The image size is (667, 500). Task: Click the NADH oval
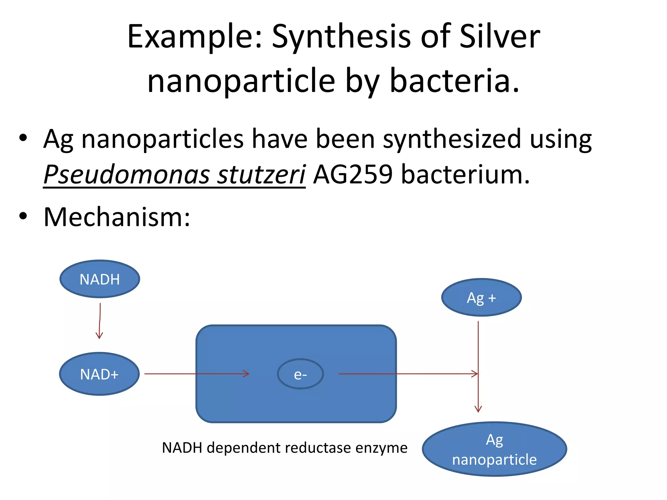[x=100, y=279]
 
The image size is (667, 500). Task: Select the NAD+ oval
[x=99, y=374]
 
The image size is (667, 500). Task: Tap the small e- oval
[x=300, y=374]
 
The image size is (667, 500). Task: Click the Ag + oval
[x=481, y=298]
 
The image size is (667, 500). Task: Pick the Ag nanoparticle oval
[x=494, y=449]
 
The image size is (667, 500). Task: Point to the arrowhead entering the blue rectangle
[x=247, y=374]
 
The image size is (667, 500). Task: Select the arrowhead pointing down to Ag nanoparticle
[x=478, y=409]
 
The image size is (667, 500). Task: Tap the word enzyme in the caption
[x=381, y=448]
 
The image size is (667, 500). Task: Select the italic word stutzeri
[x=261, y=174]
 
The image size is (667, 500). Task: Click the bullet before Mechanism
[x=23, y=216]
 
